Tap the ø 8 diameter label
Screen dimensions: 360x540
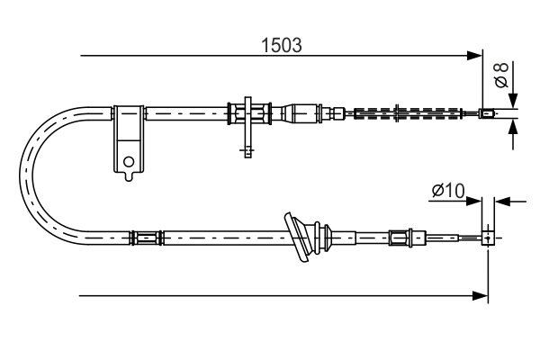pyautogui.click(x=504, y=75)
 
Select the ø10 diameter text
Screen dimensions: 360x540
pyautogui.click(x=447, y=191)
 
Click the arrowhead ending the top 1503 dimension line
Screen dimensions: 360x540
pyautogui.click(x=476, y=56)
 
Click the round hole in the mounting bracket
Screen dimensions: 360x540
pyautogui.click(x=129, y=163)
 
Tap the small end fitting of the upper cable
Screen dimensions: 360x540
pyautogui.click(x=487, y=113)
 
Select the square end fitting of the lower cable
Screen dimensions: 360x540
pyautogui.click(x=487, y=238)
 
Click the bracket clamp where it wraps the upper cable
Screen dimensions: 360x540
pyautogui.click(x=129, y=113)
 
